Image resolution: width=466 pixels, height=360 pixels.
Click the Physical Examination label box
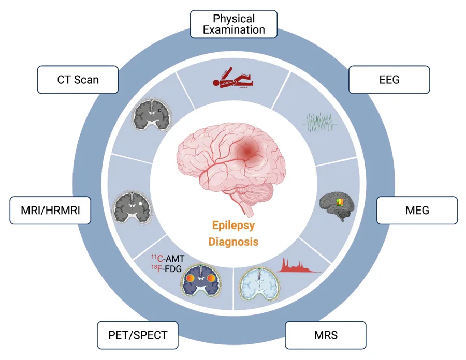[x=233, y=24]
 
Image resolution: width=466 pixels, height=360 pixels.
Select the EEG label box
[x=389, y=80]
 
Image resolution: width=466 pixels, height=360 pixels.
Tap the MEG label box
[x=417, y=210]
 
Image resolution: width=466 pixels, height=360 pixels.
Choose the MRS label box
[x=325, y=335]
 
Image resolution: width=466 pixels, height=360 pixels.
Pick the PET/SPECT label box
[x=138, y=335]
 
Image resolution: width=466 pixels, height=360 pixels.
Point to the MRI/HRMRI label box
[x=51, y=211]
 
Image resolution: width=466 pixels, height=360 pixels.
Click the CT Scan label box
[x=78, y=80]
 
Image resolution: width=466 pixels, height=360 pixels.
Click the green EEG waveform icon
[x=320, y=123]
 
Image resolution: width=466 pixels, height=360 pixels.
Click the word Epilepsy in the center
[x=233, y=226]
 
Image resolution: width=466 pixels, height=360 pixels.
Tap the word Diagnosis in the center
[x=233, y=242]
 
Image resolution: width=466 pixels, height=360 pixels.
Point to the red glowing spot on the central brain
[x=250, y=151]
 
